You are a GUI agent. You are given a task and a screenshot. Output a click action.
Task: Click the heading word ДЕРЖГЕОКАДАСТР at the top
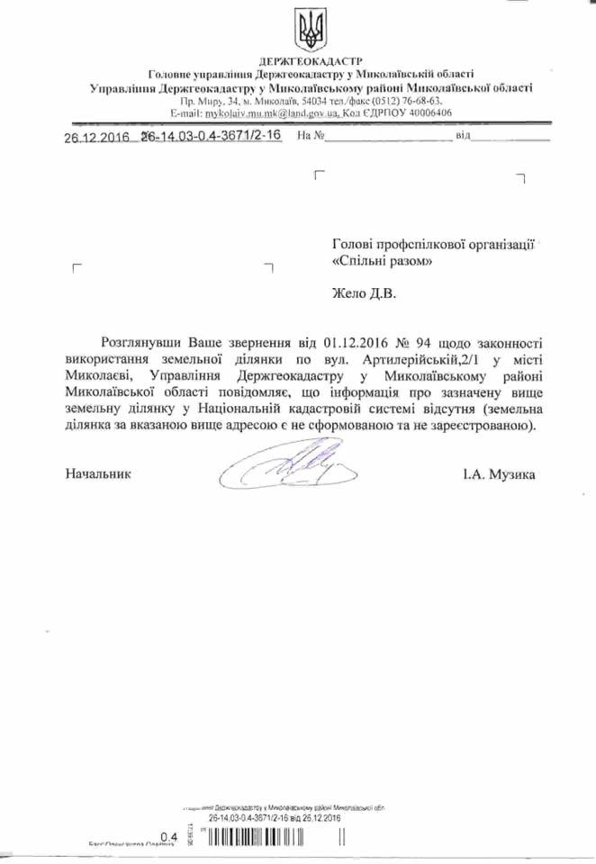(311, 60)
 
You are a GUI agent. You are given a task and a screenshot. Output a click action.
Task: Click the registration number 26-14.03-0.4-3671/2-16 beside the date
(212, 135)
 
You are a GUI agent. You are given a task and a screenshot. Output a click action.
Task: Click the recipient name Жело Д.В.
(364, 292)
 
